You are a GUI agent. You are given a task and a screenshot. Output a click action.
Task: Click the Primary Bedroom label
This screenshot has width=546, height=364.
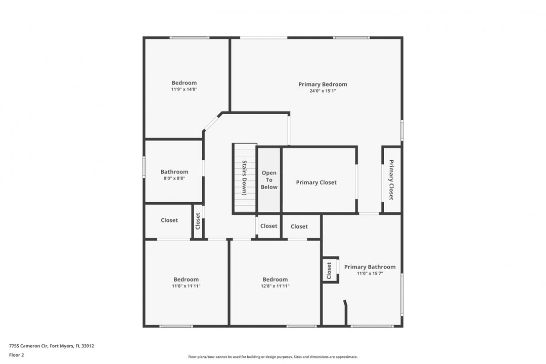323,84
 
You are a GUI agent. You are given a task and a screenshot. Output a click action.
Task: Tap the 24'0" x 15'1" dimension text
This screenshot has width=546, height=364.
323,91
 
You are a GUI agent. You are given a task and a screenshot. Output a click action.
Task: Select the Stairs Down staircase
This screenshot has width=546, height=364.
245,178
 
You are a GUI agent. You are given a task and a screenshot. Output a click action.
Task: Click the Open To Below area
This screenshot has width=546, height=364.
269,180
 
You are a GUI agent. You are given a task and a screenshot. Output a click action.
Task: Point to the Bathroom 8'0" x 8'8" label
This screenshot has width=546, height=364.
174,174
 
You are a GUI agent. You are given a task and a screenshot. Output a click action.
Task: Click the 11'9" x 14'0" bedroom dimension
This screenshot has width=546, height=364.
184,89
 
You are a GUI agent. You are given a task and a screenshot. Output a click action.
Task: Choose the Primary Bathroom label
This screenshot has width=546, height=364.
370,267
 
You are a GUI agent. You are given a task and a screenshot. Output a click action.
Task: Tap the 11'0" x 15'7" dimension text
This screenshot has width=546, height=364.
370,274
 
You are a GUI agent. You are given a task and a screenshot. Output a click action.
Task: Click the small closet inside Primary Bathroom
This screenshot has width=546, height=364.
330,270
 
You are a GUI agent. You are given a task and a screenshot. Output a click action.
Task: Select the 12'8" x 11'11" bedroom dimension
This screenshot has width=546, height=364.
275,286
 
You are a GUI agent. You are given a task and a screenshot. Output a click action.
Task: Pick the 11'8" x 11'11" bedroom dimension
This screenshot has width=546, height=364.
186,286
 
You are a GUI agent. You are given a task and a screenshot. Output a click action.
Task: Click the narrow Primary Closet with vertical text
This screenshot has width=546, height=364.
391,180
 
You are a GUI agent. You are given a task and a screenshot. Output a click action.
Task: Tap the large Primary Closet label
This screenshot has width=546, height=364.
316,183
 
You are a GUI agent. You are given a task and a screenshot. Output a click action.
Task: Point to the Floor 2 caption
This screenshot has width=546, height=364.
16,355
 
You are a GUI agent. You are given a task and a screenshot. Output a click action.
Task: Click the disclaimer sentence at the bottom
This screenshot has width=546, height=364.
272,357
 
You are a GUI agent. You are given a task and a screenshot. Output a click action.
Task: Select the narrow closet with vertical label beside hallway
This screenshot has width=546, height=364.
198,221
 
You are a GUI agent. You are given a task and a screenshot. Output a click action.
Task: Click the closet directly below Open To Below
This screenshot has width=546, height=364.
269,226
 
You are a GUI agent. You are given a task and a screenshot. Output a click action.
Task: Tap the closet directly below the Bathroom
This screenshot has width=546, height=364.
169,220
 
